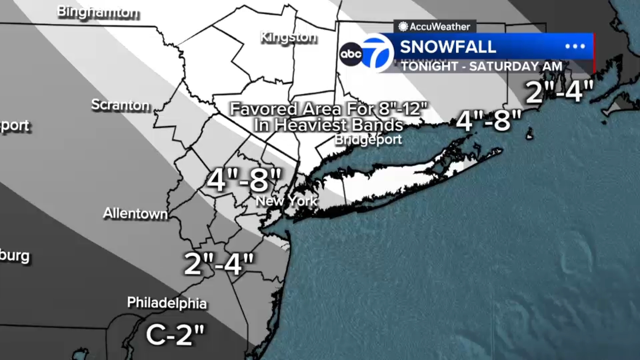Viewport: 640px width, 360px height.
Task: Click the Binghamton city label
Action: tap(98, 12)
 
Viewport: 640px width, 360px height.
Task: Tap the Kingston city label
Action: tap(288, 38)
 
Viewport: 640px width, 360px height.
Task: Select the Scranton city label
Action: tap(120, 105)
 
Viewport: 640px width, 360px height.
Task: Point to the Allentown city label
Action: tap(136, 213)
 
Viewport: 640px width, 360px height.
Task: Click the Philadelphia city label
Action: tap(167, 303)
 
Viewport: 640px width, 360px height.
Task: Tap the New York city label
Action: tap(286, 201)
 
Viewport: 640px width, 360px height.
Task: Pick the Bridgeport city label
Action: tap(368, 140)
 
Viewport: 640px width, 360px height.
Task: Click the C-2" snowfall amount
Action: tap(175, 334)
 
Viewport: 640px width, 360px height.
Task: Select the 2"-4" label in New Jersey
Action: tap(219, 264)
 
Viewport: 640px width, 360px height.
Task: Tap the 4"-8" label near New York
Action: tap(244, 180)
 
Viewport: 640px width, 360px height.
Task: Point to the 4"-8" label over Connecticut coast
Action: tap(489, 120)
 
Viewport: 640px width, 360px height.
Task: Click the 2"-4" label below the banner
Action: tap(559, 92)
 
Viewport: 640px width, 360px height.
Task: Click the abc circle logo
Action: tap(351, 54)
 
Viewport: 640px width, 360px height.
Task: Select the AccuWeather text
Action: tap(440, 27)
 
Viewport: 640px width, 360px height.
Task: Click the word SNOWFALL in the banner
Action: tap(448, 47)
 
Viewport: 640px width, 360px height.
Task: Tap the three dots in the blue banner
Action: tap(575, 46)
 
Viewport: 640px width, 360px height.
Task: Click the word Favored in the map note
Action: tap(264, 109)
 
